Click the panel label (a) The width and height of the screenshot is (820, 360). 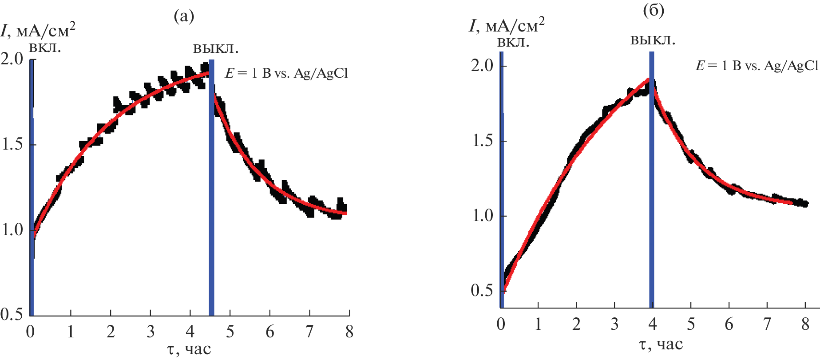point(184,17)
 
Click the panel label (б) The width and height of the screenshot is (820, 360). point(654,11)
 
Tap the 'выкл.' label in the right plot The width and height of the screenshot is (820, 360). point(653,41)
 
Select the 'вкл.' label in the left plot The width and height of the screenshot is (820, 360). point(44,47)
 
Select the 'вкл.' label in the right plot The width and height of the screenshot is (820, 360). point(513,43)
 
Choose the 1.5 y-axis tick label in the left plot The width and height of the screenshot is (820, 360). point(12,145)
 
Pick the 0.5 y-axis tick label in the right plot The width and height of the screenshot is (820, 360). point(482,291)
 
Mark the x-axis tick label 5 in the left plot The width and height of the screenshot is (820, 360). point(230,332)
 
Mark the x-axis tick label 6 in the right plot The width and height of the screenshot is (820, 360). point(729,324)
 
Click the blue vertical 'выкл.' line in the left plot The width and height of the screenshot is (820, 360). point(211,186)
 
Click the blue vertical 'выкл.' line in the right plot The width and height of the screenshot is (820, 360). point(652,178)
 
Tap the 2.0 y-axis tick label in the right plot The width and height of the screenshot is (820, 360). point(482,66)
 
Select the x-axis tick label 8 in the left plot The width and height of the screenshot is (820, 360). point(349,332)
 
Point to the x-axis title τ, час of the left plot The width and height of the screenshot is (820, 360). point(189,349)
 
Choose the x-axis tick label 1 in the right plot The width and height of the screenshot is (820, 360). point(538,324)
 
